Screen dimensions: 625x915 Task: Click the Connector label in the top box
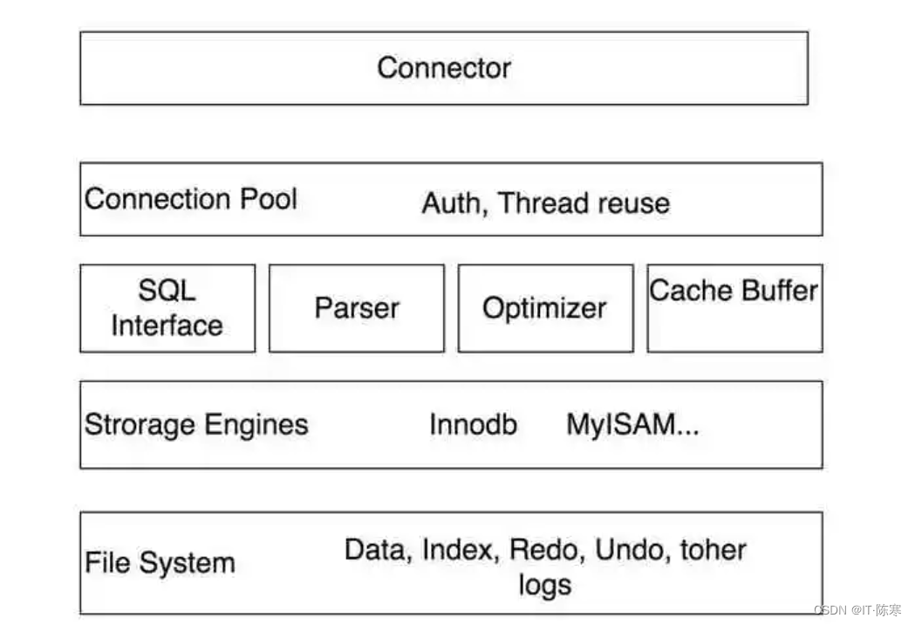(443, 67)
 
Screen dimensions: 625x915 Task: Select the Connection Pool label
(190, 198)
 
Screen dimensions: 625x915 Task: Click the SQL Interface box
(167, 308)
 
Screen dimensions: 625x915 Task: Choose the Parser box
(357, 308)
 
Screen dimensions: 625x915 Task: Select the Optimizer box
(544, 308)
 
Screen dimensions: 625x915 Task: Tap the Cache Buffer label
(734, 290)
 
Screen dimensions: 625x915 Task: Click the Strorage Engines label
(196, 425)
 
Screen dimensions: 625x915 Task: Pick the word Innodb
(473, 425)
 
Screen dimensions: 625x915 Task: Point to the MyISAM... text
(632, 425)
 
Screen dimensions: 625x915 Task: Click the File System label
(160, 563)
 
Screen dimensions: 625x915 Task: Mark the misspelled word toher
(713, 550)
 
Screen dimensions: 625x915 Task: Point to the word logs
(544, 584)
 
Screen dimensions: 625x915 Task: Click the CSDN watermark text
(857, 610)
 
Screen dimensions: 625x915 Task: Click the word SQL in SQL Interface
(167, 291)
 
